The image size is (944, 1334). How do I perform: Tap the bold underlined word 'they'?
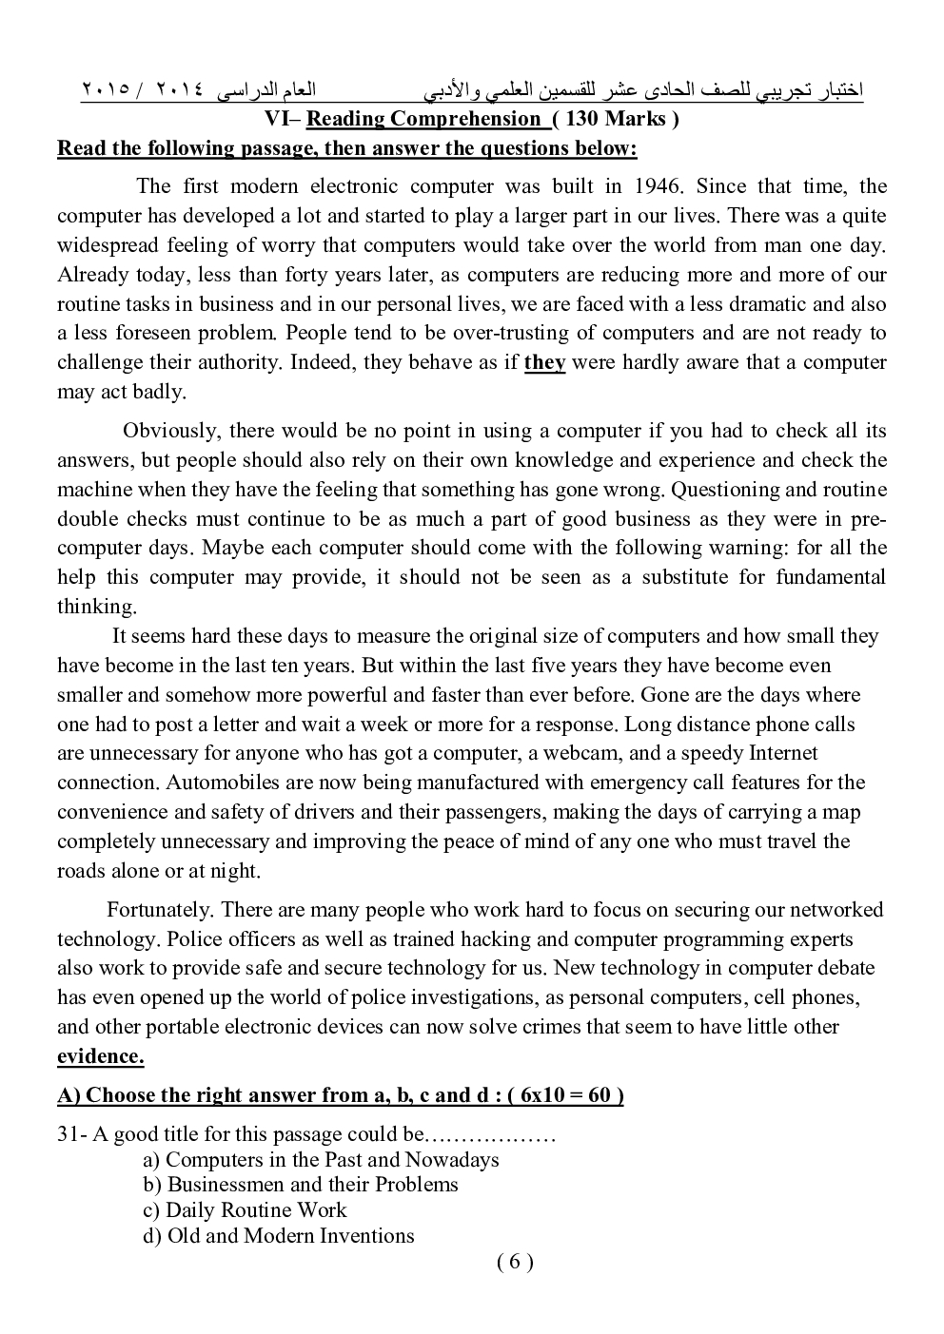(544, 362)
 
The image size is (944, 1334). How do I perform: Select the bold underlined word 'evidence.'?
(101, 1056)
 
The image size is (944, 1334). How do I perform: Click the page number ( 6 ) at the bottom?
(515, 1262)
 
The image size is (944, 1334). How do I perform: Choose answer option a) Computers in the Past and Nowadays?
(321, 1160)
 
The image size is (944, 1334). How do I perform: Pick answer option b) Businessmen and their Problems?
(301, 1185)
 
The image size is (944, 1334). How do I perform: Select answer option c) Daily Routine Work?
(245, 1210)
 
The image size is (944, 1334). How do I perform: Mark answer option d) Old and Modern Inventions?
(279, 1236)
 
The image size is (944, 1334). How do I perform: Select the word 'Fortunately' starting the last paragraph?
(160, 910)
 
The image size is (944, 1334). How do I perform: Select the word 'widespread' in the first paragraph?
(105, 245)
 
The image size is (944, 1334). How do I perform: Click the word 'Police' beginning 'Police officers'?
(194, 939)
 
